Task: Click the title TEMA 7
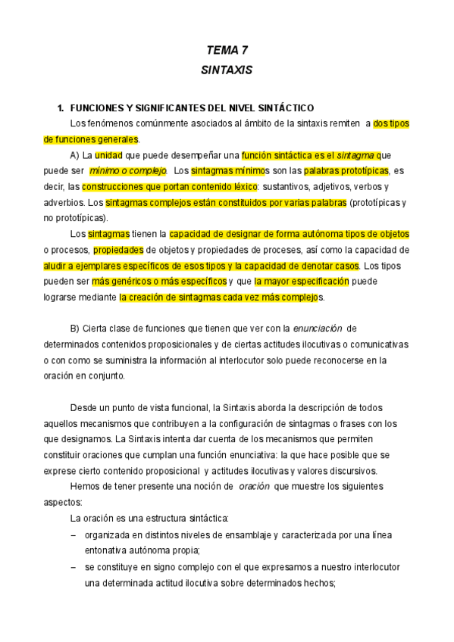point(227,51)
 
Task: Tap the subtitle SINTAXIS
point(227,69)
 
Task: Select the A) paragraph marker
point(75,155)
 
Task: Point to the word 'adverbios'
point(64,202)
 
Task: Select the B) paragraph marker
point(75,328)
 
